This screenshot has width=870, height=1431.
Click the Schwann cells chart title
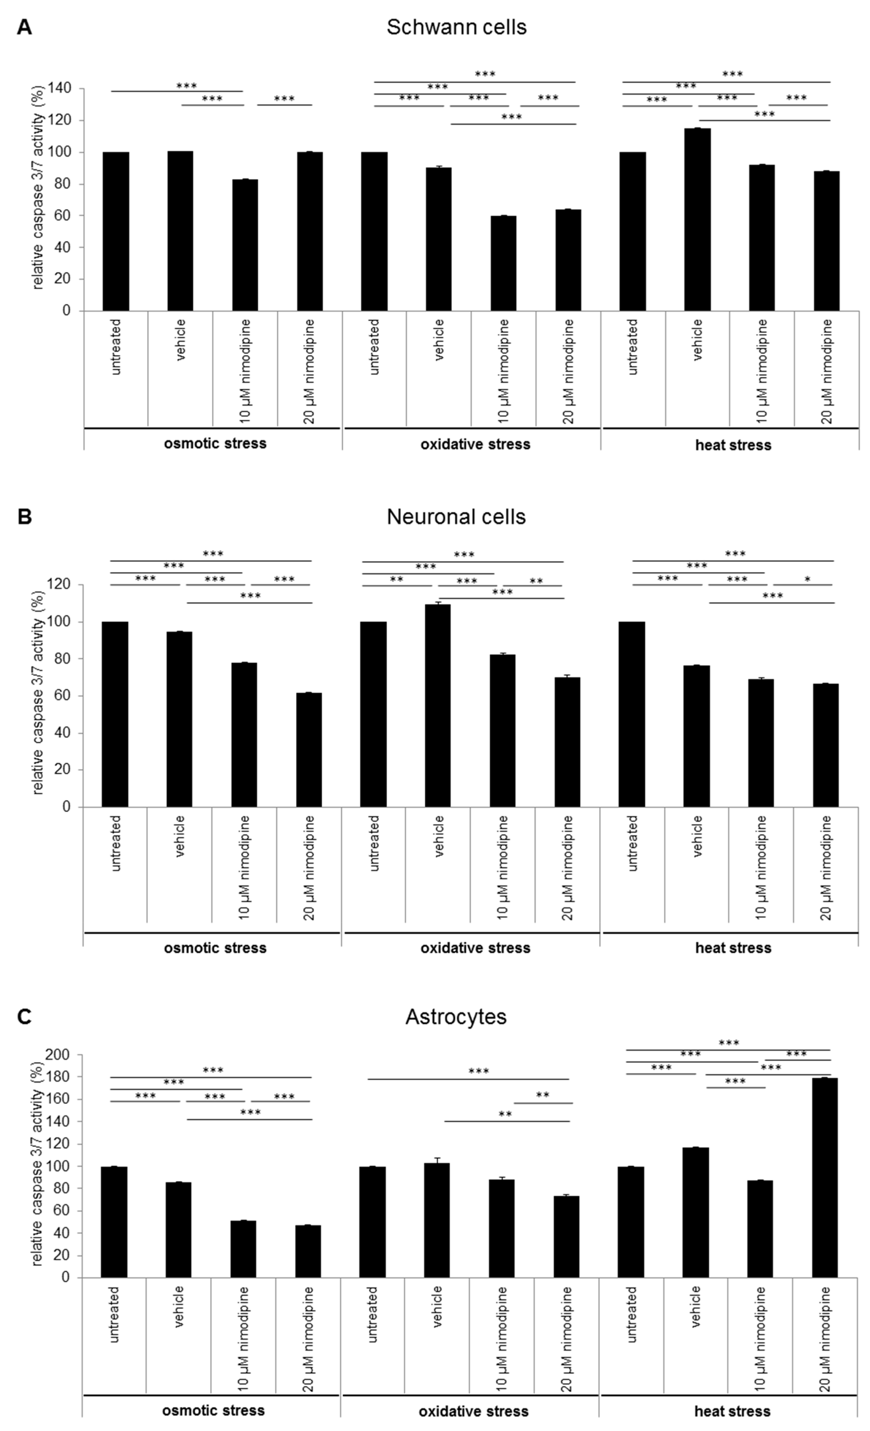pyautogui.click(x=457, y=27)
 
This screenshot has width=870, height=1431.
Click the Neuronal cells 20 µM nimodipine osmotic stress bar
pyautogui.click(x=308, y=749)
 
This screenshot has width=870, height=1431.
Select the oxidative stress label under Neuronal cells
pyautogui.click(x=475, y=948)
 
